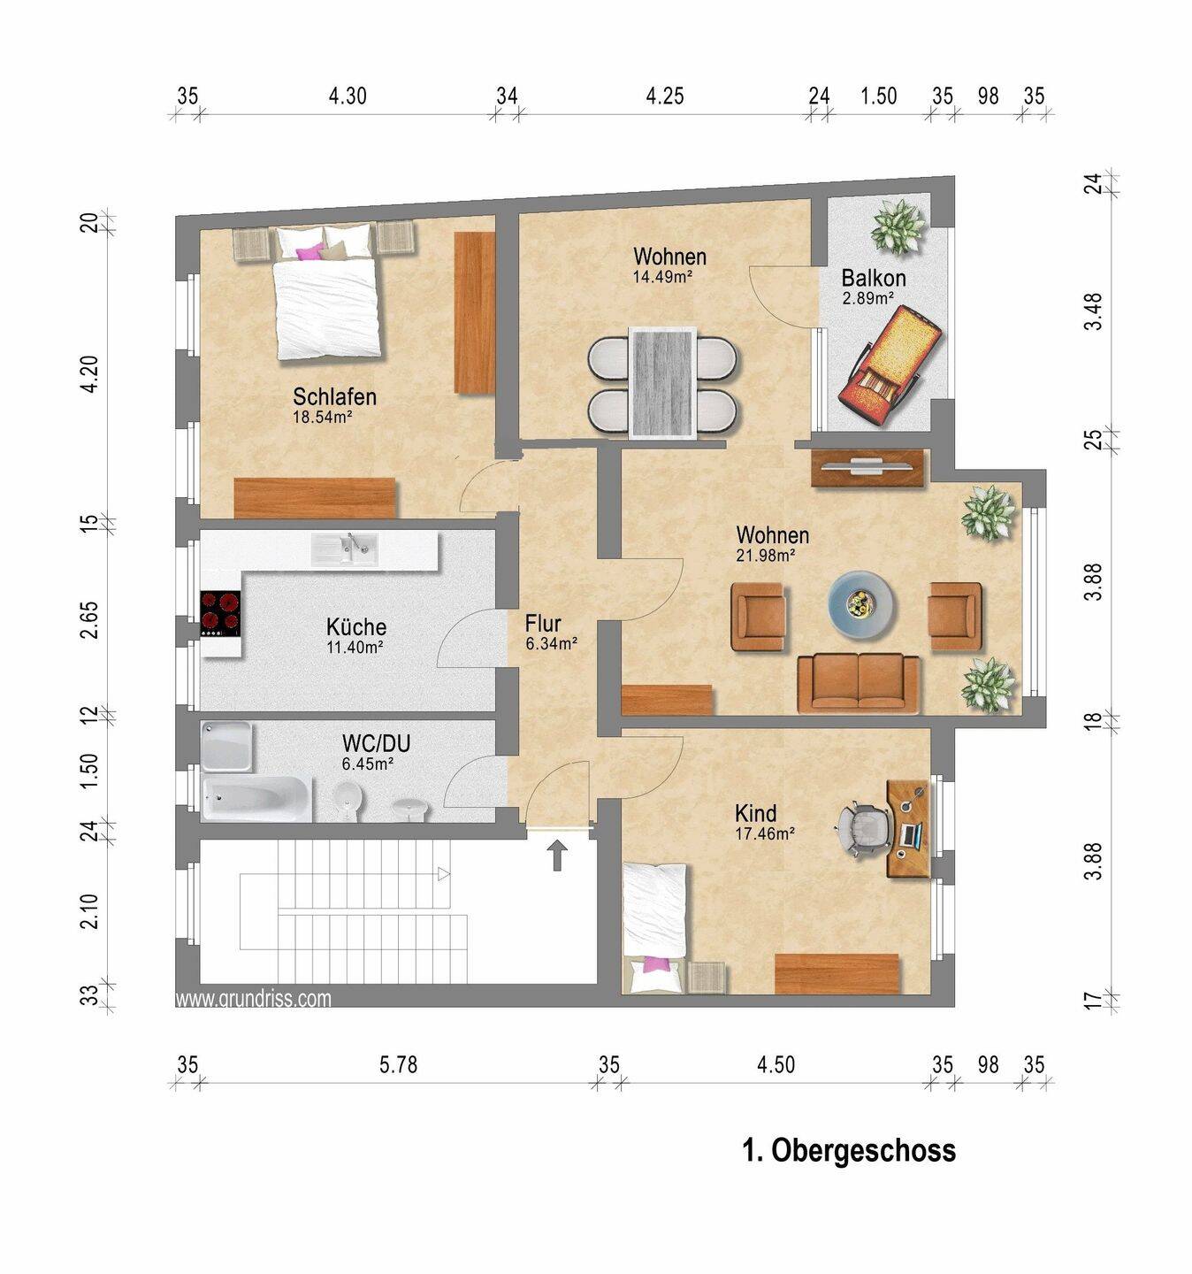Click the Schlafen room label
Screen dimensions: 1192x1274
334,396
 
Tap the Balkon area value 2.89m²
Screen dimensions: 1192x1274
868,297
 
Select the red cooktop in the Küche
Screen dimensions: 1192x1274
220,613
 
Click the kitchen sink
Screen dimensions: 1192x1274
344,549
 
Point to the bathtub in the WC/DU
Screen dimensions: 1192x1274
257,799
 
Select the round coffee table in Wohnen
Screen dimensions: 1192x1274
861,604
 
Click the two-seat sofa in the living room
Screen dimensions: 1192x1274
858,684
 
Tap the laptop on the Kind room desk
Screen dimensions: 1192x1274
911,834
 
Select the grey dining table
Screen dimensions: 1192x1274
662,383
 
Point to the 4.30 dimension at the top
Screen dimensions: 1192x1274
348,96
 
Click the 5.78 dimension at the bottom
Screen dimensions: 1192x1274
398,1065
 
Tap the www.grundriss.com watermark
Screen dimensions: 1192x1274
253,998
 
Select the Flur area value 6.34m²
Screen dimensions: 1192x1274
552,643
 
